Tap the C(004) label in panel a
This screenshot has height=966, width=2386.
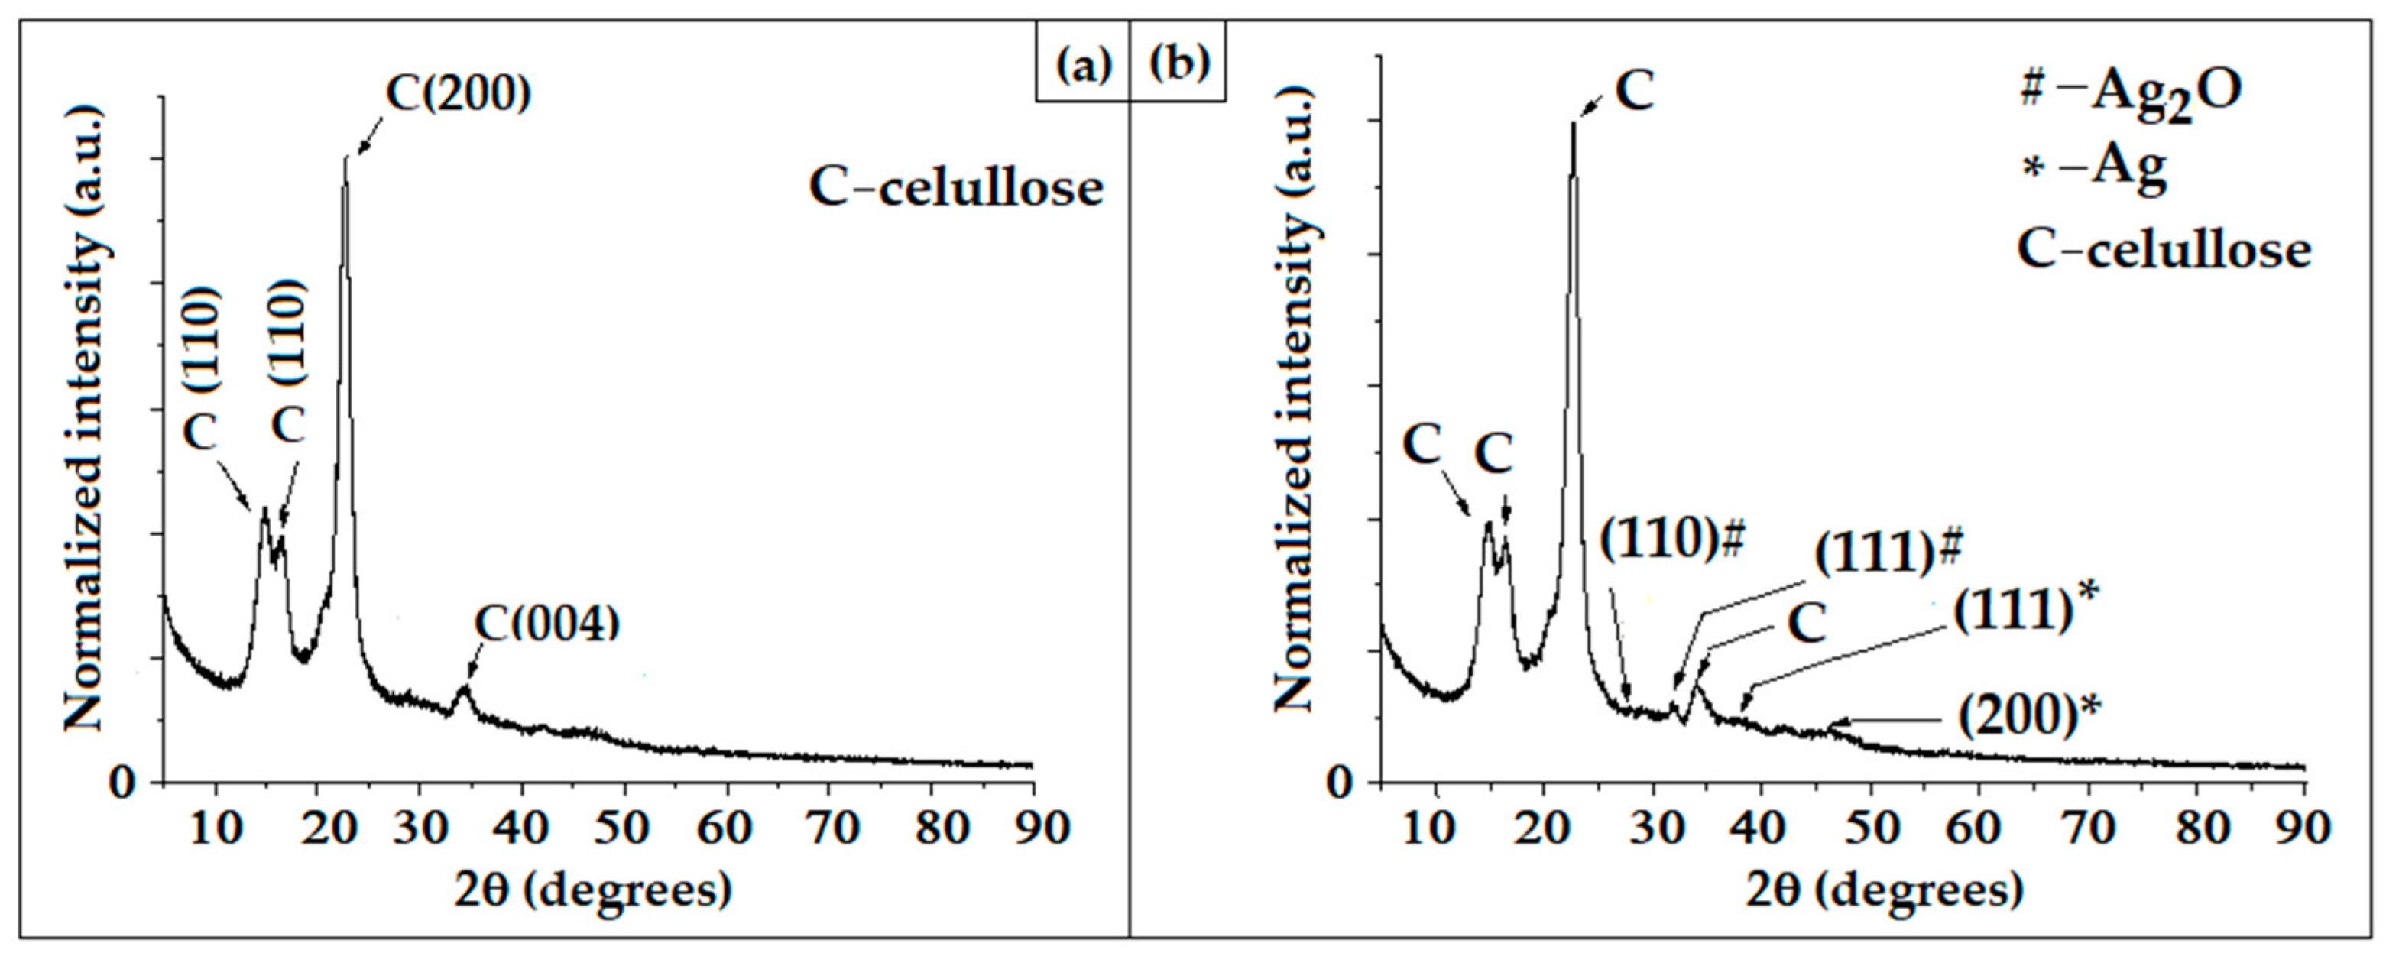(x=546, y=624)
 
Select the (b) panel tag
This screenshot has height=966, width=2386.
(x=1178, y=64)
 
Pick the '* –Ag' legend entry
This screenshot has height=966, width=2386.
(x=2093, y=169)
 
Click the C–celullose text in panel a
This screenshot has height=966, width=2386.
(x=956, y=188)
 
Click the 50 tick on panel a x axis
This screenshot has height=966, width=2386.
(x=621, y=827)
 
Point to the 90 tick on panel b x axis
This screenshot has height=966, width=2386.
(x=2303, y=827)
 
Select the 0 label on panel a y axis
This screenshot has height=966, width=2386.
(x=122, y=783)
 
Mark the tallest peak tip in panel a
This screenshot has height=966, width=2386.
(x=345, y=157)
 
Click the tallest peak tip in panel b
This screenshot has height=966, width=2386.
(x=1573, y=123)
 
